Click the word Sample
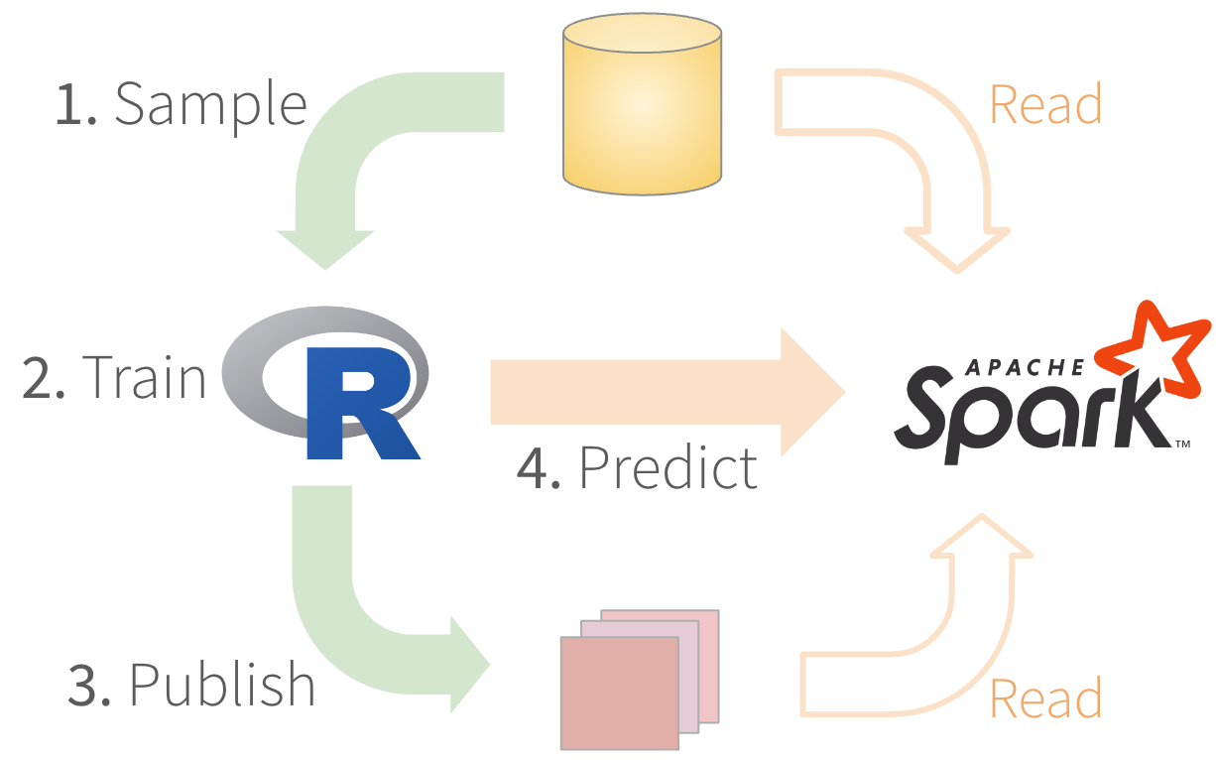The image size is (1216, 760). coord(210,103)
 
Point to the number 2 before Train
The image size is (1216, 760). coord(43,377)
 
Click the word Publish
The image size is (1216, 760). coord(222,684)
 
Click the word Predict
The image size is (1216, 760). coord(668,466)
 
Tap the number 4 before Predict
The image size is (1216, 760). coord(539,467)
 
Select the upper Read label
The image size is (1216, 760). coord(1045,103)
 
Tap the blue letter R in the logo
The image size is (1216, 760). coord(359,402)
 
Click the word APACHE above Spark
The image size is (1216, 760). coord(1023,368)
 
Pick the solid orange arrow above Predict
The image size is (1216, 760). coord(665,392)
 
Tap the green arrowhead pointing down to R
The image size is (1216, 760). coord(325,248)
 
